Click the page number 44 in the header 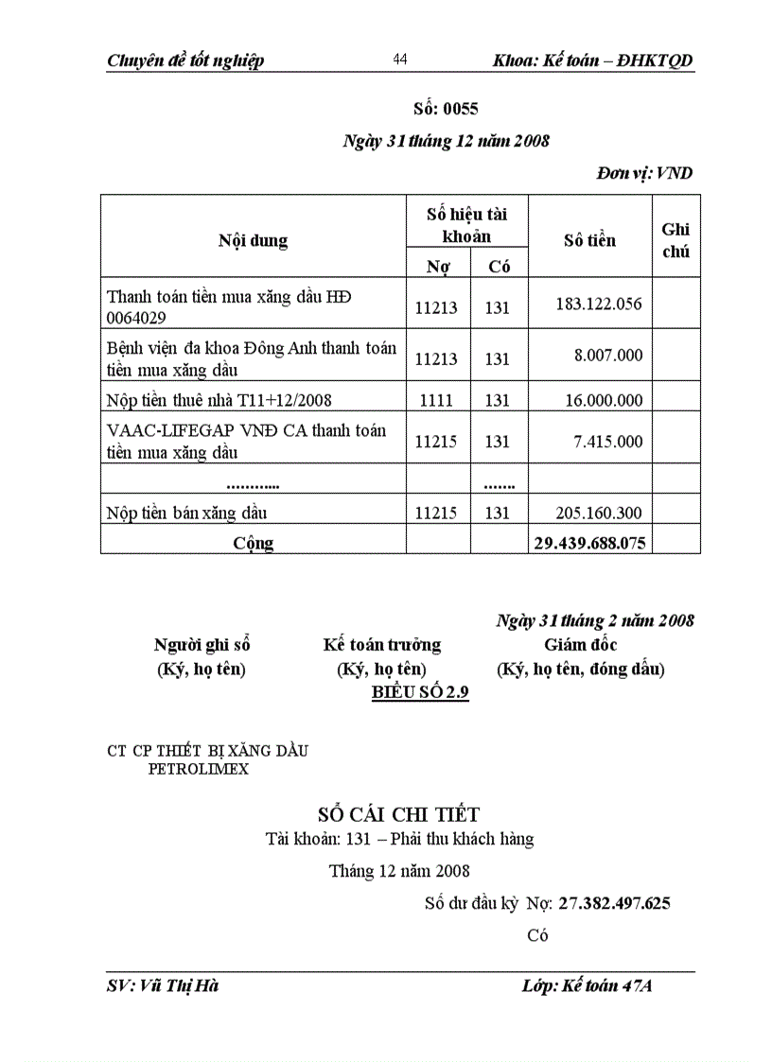[399, 60]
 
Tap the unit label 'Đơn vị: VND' [644, 173]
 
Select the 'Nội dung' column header [253, 240]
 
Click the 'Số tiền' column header [589, 240]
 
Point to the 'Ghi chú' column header [675, 240]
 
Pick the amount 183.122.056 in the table [598, 304]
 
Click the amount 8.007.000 [607, 355]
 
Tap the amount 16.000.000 [603, 400]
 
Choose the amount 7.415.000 [607, 442]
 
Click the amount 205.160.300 [598, 514]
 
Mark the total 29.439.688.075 [588, 542]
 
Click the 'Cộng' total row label [254, 543]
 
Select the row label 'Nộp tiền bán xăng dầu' [187, 514]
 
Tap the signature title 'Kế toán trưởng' [381, 645]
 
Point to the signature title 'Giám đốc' [580, 645]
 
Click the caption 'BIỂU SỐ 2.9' [420, 692]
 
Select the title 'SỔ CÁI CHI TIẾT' [398, 814]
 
